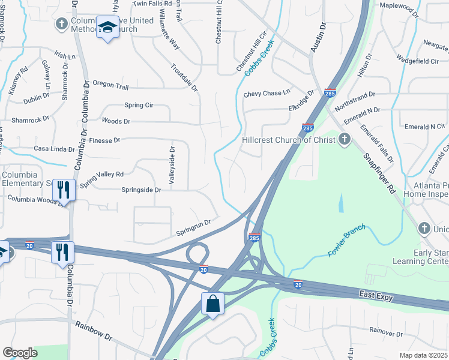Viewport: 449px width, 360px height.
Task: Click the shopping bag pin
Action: pos(213,304)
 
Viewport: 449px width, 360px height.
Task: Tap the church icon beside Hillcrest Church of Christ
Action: pos(344,140)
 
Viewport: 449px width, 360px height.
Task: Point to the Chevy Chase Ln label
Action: pos(267,94)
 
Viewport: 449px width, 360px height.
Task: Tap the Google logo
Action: pos(20,352)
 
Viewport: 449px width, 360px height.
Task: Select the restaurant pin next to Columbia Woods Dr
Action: pos(63,190)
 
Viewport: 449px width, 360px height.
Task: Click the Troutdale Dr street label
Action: pos(185,77)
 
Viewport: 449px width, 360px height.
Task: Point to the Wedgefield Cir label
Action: pos(417,60)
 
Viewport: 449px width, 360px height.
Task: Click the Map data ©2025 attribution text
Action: pos(424,355)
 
